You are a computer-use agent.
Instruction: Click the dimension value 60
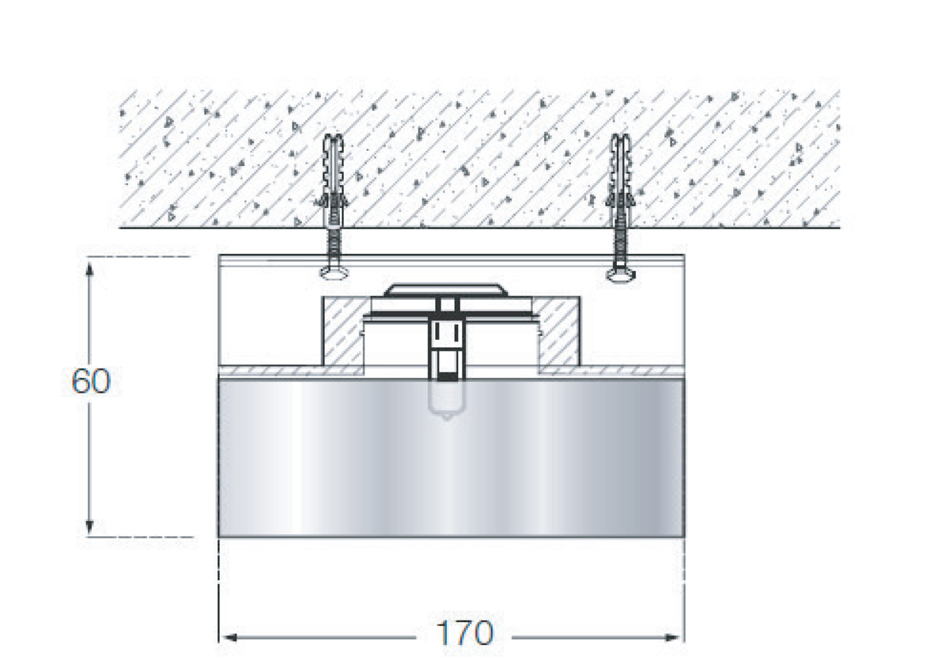91,381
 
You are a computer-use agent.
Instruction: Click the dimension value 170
464,645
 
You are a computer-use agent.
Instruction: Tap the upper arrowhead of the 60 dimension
89,269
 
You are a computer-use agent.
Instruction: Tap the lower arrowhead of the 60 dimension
89,526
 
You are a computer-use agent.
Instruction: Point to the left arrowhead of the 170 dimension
230,649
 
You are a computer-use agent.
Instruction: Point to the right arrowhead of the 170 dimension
673,649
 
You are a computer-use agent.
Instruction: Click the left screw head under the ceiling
334,274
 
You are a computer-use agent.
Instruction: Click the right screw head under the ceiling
621,275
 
